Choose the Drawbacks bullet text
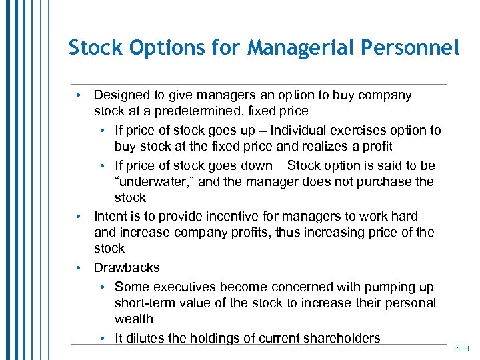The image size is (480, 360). pos(127,267)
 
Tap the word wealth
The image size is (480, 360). pos(134,319)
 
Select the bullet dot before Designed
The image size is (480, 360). pos(79,95)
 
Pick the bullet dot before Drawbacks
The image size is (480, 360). pos(79,267)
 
